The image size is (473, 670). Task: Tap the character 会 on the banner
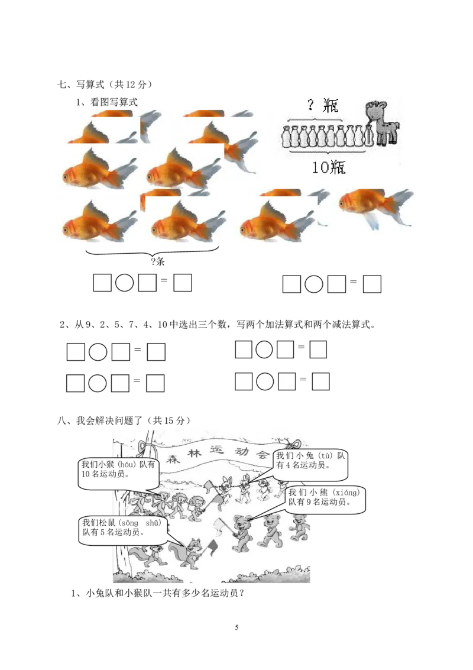coord(262,454)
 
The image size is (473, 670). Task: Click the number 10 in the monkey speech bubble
coord(86,474)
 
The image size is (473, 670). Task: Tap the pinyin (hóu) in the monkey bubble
coord(125,465)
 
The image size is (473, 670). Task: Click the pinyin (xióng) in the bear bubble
coord(347,493)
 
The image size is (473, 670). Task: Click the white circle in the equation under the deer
coord(314,284)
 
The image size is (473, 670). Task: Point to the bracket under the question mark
coord(315,119)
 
